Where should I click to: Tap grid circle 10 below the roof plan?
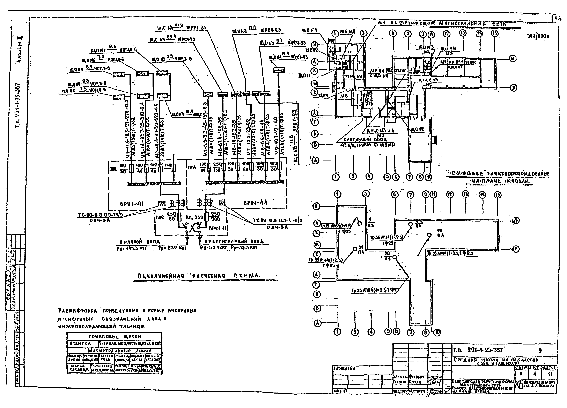(437, 332)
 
